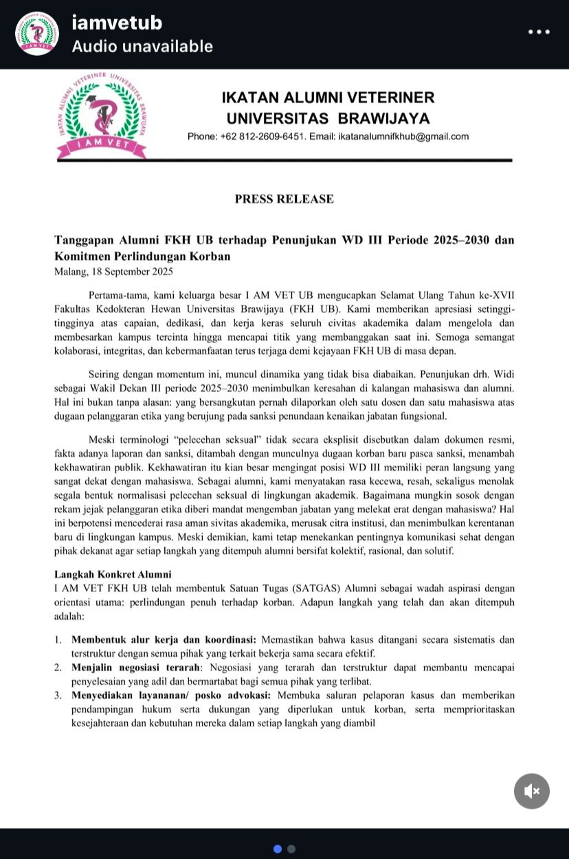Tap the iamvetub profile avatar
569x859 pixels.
tap(37, 34)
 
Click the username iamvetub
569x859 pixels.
tap(117, 23)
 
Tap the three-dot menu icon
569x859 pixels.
tap(539, 32)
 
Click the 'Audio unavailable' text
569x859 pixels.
tap(142, 47)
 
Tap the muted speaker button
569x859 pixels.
tap(531, 791)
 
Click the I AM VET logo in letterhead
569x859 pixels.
tap(102, 115)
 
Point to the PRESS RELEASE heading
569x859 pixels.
tap(284, 199)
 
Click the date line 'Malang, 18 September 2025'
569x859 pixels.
tap(113, 271)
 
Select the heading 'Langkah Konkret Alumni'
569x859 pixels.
tap(113, 574)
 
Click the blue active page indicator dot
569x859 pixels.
tap(278, 849)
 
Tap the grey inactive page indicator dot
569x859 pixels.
tap(291, 849)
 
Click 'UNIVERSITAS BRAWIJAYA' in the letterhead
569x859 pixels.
tap(328, 118)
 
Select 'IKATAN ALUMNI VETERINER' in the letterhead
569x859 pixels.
tap(328, 98)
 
